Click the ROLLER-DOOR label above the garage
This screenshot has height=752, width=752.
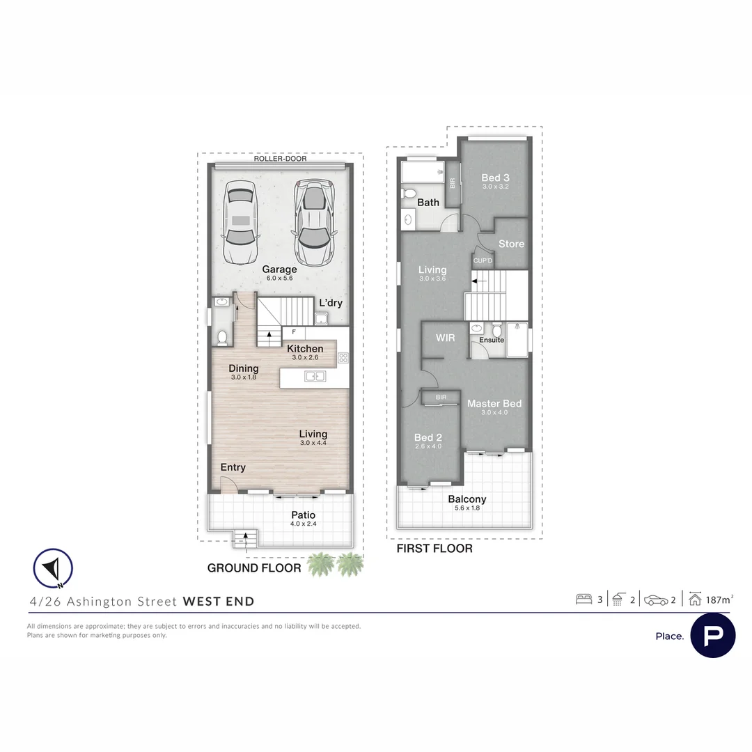coord(280,159)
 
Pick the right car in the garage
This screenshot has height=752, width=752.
coord(313,223)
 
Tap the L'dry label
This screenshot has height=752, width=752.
coord(331,303)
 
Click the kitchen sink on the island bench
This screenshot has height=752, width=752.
coord(315,377)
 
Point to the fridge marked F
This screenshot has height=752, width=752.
coord(294,332)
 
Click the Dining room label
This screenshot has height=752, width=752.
coord(244,368)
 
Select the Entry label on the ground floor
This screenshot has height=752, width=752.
coord(233,467)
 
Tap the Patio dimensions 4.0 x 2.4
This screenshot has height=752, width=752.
coord(304,524)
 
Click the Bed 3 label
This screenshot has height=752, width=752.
coord(496,178)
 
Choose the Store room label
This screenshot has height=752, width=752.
coord(511,244)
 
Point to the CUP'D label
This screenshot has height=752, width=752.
coord(483,261)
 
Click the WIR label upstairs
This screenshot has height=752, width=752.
coord(445,338)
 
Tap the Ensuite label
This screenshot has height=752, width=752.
coord(492,340)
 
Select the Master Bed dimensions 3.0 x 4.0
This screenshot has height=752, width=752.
coord(494,412)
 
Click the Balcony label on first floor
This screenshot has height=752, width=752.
coord(467,499)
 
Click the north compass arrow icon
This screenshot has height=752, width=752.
coord(53,568)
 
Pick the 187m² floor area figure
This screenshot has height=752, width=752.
coord(719,600)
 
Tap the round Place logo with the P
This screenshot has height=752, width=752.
coord(713,636)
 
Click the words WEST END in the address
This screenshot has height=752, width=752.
coord(219,602)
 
